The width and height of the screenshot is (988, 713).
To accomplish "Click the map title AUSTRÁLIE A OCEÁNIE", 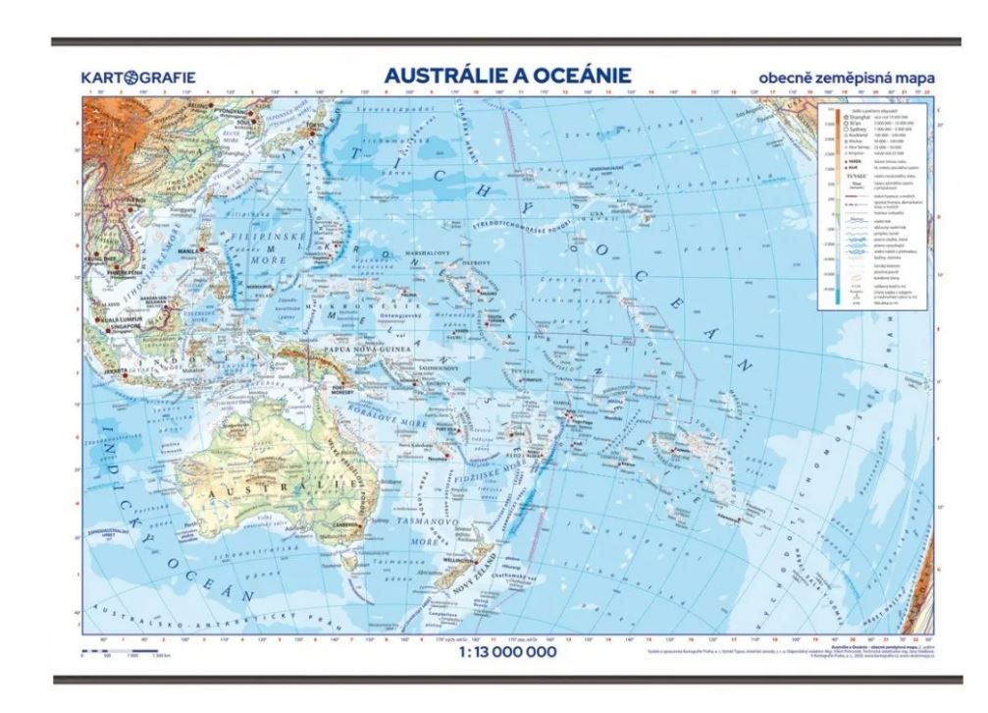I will click(x=506, y=76).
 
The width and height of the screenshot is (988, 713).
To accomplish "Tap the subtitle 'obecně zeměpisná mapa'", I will click(x=845, y=78).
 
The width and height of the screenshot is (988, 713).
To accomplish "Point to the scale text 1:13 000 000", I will click(x=506, y=650).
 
